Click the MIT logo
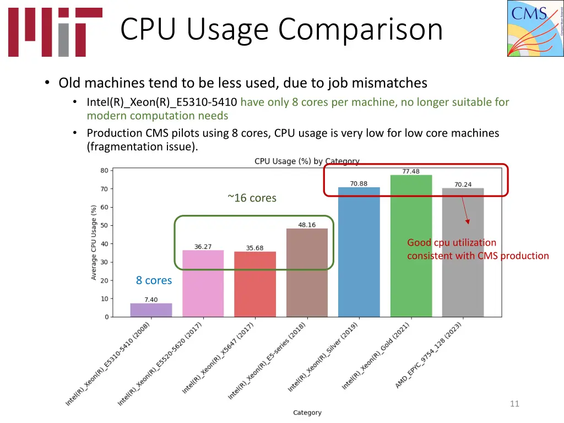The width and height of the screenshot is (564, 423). (x=55, y=32)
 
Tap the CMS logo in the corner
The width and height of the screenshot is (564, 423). (x=535, y=29)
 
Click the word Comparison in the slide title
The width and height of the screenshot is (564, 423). (x=360, y=29)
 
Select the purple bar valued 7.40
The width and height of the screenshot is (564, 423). (x=151, y=310)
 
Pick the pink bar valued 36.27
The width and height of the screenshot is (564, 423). (x=203, y=284)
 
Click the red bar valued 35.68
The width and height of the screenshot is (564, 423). (x=254, y=284)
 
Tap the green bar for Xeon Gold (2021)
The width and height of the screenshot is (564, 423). (x=411, y=246)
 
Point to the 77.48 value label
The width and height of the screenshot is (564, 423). (x=411, y=171)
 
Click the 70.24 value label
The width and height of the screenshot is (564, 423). (x=463, y=185)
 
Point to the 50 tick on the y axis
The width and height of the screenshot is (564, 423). (x=104, y=225)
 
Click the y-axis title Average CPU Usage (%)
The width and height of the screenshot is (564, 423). (x=94, y=242)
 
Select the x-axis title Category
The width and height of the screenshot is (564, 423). (x=307, y=413)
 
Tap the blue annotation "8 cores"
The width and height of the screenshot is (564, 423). (x=154, y=280)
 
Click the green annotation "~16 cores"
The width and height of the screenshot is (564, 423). (x=252, y=198)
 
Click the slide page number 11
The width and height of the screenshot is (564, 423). (x=514, y=404)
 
